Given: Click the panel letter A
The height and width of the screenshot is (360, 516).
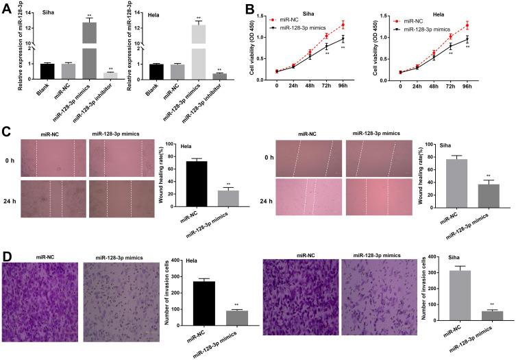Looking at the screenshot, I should tap(5, 8).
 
